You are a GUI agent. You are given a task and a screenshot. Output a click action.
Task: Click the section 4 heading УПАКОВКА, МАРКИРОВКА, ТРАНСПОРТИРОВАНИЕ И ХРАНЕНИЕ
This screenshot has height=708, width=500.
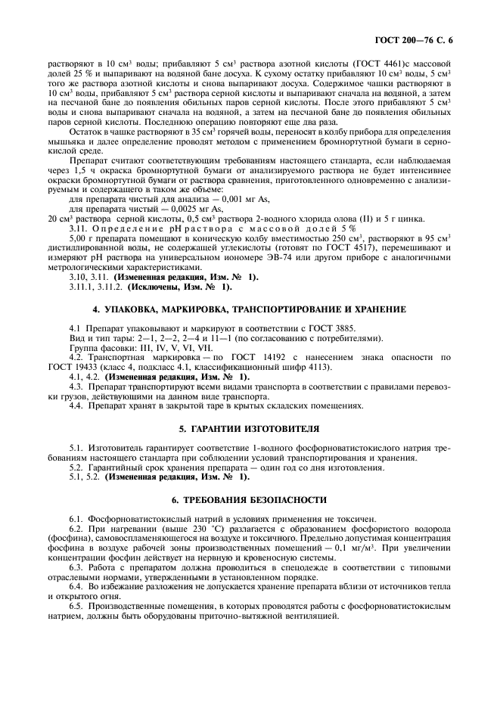coord(249,310)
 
